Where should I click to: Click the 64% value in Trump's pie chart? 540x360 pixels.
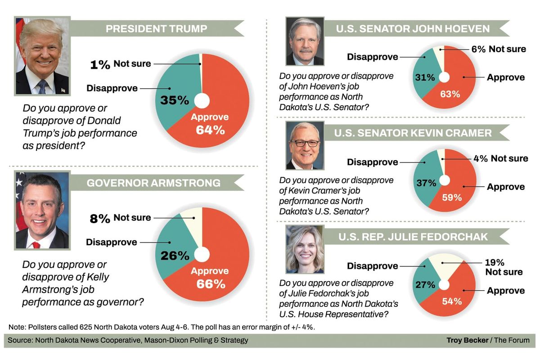210,130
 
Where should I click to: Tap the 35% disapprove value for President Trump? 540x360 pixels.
175,100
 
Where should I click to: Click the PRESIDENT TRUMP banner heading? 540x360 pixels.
156,29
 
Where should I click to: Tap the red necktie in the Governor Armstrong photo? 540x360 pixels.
36,245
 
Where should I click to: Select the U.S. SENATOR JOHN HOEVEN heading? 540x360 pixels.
413,29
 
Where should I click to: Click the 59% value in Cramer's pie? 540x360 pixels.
451,198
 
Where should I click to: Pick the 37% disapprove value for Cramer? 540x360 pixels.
426,183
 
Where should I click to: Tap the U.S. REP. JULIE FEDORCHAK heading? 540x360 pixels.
413,236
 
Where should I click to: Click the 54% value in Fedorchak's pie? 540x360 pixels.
451,301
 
